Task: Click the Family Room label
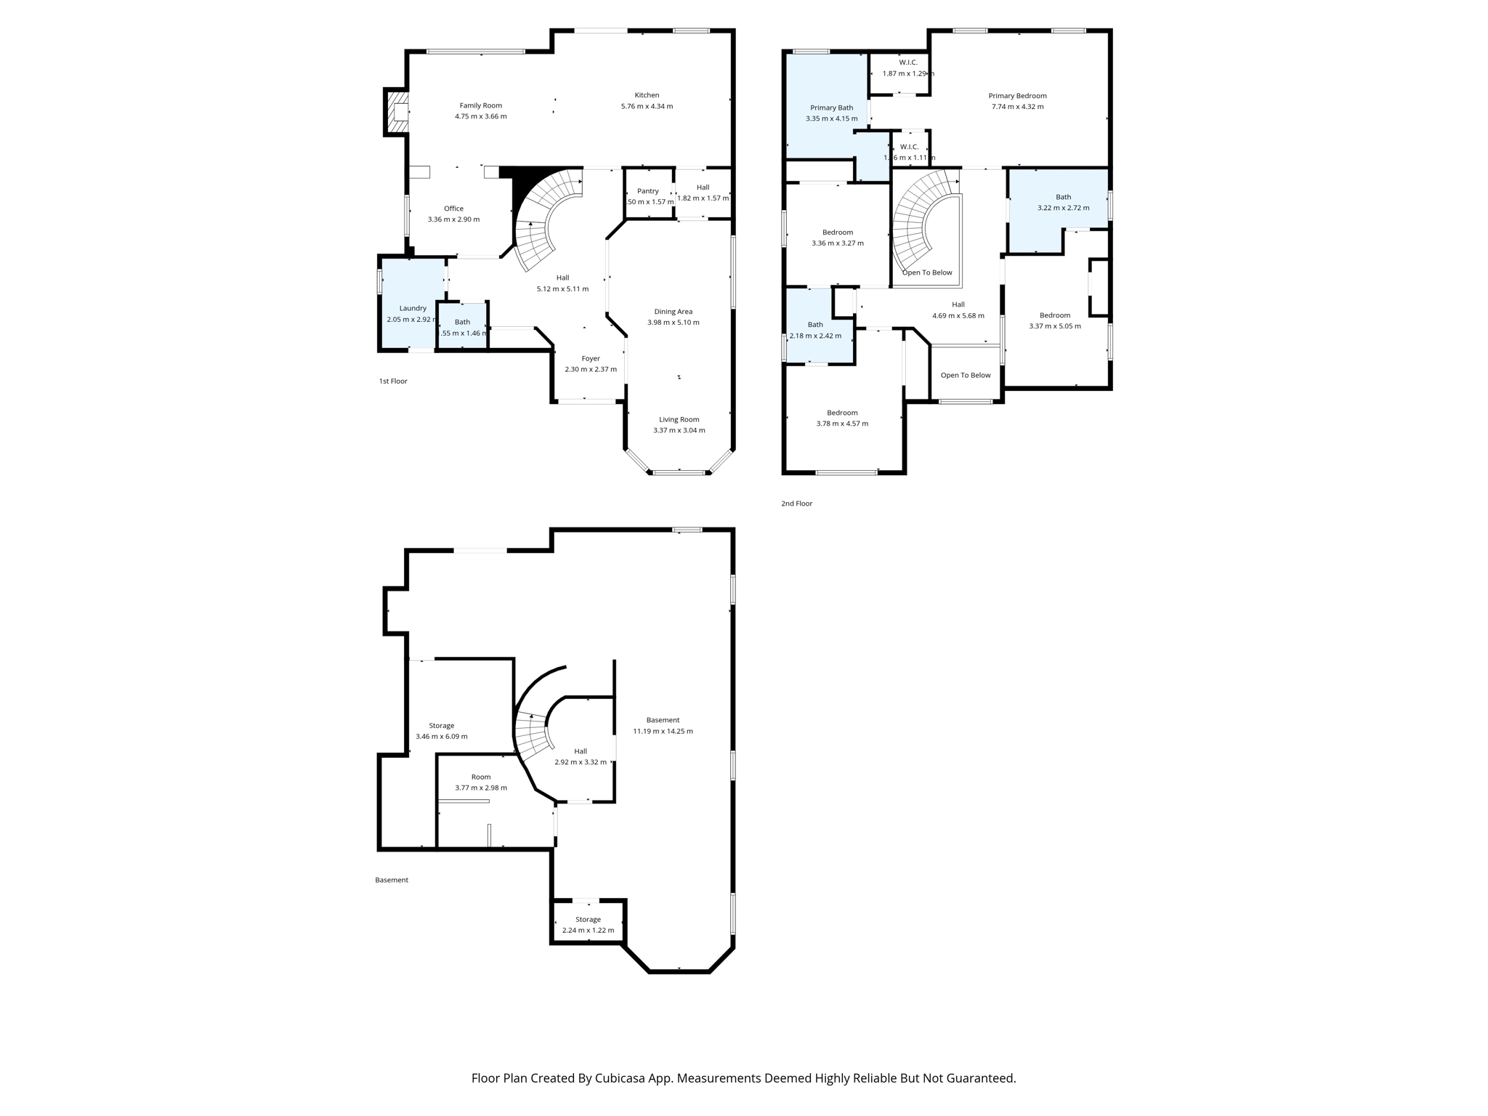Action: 480,105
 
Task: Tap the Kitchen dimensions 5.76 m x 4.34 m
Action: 647,106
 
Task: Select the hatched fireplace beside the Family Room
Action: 396,112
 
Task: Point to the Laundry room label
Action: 413,308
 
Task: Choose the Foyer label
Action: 591,358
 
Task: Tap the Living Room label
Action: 679,419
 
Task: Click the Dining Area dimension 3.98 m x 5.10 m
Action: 673,323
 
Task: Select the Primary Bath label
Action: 831,108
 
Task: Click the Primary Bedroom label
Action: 1017,96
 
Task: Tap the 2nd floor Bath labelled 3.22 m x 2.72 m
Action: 1063,202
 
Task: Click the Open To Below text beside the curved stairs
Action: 927,272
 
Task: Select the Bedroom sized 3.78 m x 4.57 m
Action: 841,418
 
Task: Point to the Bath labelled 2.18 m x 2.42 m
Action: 815,330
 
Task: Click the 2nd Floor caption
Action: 796,504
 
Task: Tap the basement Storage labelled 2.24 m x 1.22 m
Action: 588,924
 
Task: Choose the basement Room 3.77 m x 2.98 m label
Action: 481,782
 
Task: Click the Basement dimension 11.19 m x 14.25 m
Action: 663,731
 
